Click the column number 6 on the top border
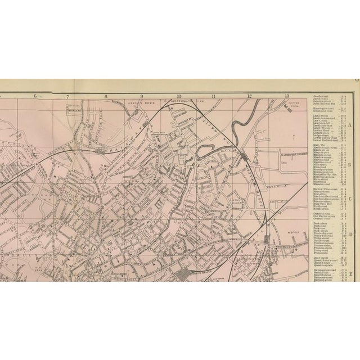pos(35,96)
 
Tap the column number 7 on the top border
pos(67,96)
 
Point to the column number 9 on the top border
pos(142,96)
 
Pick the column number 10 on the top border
pos(178,96)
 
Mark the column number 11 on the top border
pos(214,96)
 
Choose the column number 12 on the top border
pos(249,96)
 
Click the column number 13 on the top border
pos(287,96)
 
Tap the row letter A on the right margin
pos(350,125)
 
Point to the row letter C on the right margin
pos(350,199)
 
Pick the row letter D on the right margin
pos(350,235)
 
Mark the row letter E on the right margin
pos(350,273)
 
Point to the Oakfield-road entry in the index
pos(319,214)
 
